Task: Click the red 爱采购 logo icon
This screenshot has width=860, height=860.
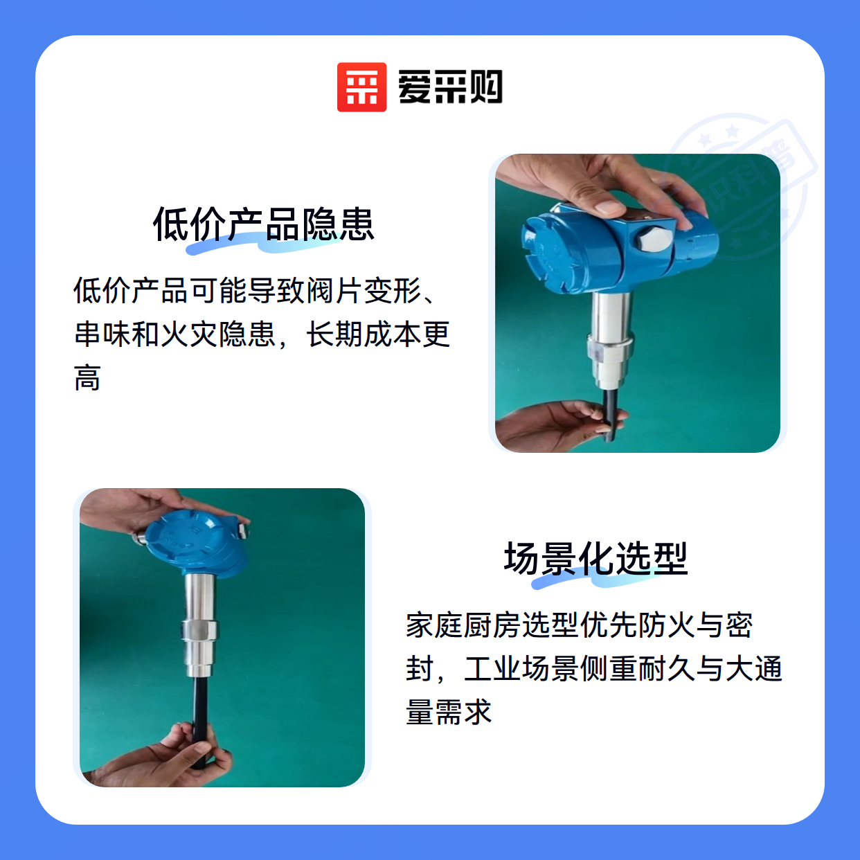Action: [361, 87]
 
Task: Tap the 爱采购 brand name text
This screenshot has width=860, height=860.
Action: [450, 87]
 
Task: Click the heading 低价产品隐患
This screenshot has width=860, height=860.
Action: [263, 224]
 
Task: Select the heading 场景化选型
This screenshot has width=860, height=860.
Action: [595, 558]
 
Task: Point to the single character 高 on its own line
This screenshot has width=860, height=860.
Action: [87, 377]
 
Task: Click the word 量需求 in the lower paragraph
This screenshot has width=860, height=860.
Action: [449, 711]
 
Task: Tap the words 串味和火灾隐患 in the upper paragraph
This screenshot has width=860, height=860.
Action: [174, 334]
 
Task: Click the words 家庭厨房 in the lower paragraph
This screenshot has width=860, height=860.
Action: [463, 625]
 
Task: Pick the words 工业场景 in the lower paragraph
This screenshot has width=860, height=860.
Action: [521, 668]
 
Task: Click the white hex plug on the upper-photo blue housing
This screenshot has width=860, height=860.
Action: [652, 240]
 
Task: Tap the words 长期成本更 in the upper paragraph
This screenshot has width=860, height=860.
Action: [377, 334]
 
